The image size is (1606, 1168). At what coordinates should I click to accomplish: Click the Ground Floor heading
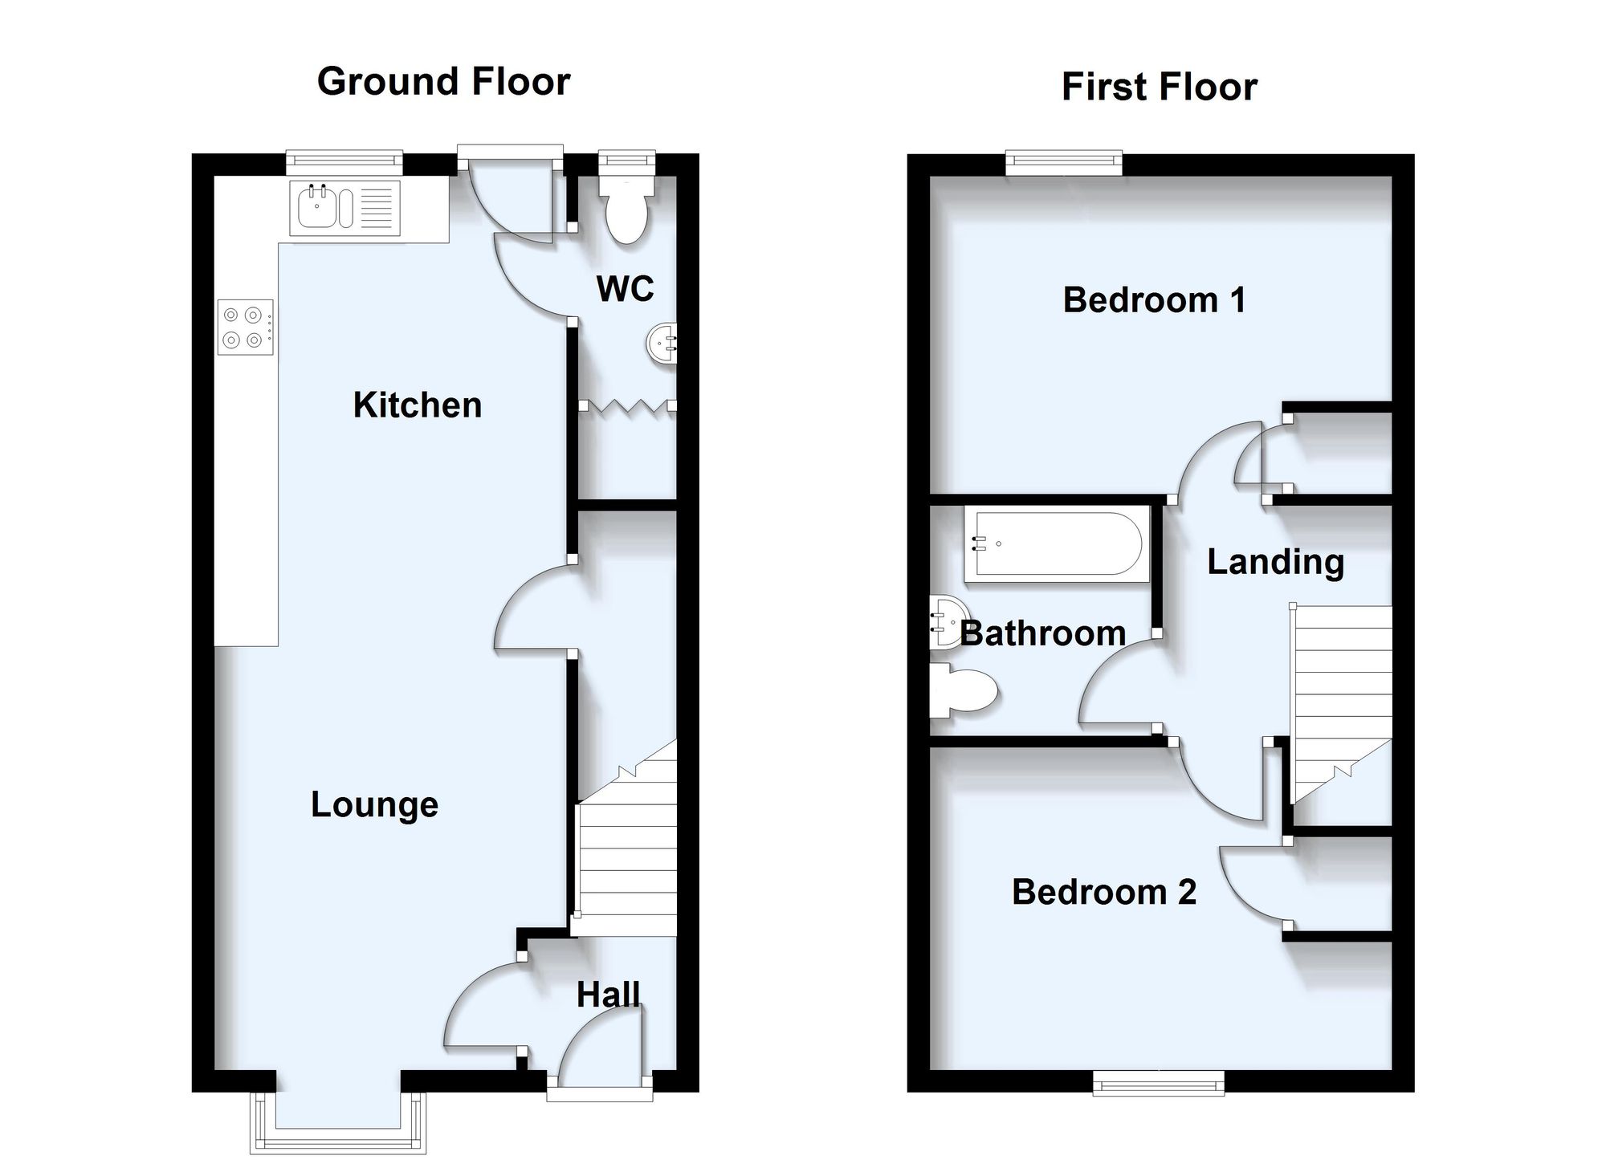coord(443,82)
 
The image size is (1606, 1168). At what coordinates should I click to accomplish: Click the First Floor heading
coord(1159,87)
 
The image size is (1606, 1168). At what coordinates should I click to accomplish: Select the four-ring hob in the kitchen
coord(245,328)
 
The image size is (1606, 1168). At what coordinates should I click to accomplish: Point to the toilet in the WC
coord(626,210)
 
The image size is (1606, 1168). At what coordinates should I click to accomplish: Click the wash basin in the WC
coord(662,344)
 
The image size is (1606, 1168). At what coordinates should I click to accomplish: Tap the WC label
coord(625,288)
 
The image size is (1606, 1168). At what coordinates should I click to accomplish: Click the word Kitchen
coord(418,405)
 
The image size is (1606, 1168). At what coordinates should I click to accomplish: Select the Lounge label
coord(374,805)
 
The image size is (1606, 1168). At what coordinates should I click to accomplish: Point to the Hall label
coord(609,995)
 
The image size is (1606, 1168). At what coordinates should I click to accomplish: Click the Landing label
coord(1275,562)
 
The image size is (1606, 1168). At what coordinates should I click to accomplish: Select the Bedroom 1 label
coord(1154,300)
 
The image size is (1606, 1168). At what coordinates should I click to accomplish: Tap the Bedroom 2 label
coord(1104,892)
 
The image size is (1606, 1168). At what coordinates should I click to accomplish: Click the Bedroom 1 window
coord(1064,163)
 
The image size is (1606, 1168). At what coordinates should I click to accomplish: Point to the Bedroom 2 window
coord(1159,1082)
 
